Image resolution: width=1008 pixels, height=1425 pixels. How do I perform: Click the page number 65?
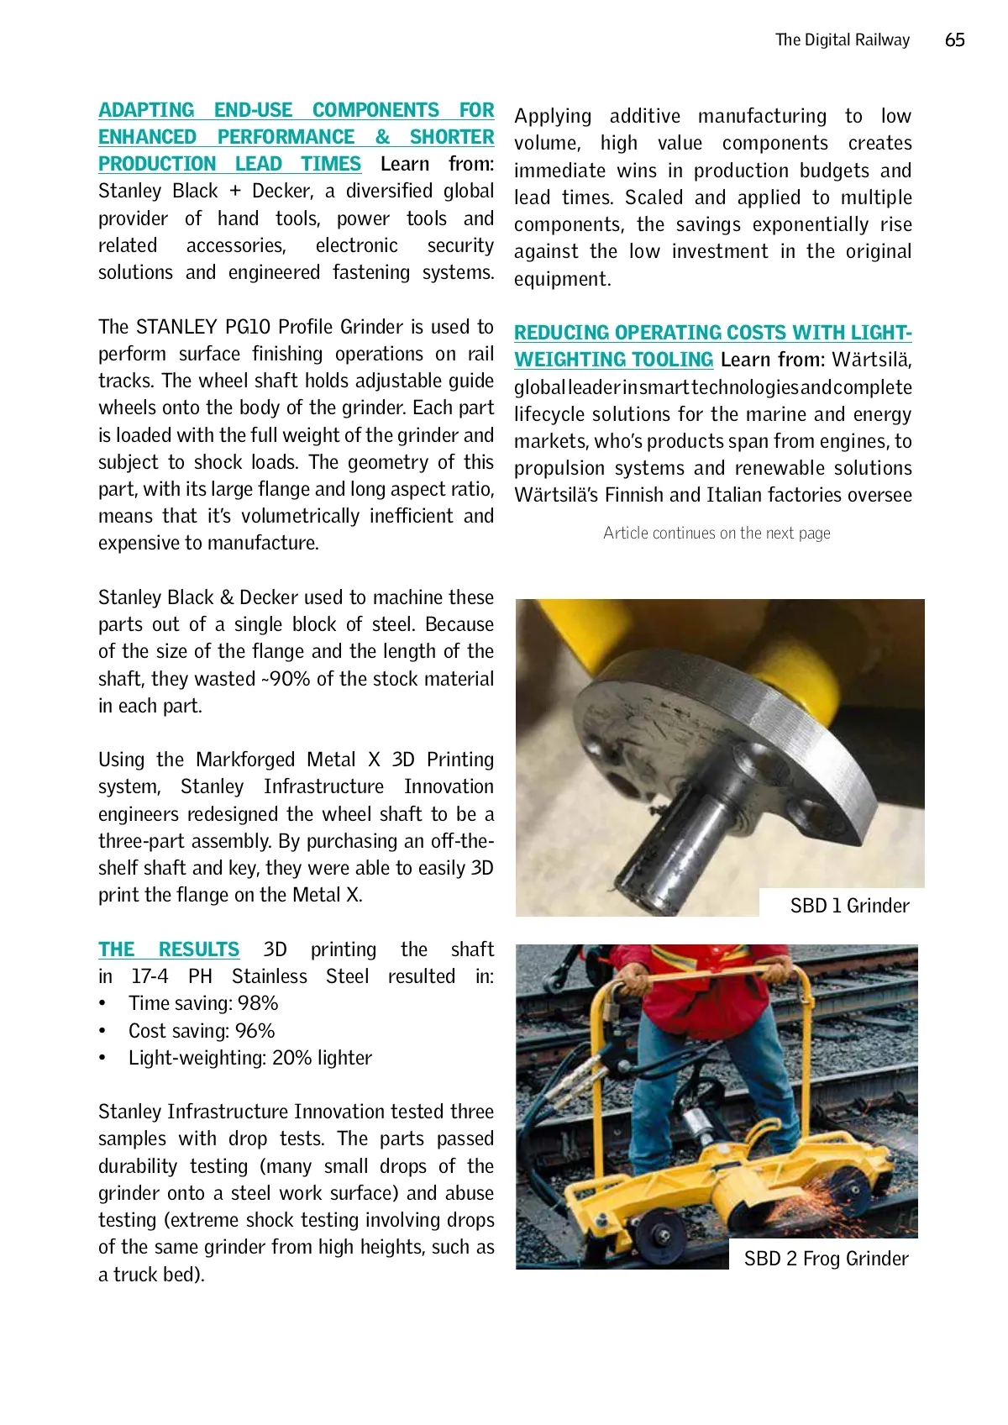pos(954,40)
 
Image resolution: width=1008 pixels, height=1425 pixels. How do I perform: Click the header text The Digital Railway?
pos(842,40)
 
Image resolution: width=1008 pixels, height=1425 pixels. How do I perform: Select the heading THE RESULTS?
pos(169,949)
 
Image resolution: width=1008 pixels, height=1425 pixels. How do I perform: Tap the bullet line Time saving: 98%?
pos(203,1003)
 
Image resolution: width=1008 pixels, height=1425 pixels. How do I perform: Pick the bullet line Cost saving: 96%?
pos(202,1031)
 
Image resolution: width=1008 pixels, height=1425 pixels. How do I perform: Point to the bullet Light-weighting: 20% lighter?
pos(249,1058)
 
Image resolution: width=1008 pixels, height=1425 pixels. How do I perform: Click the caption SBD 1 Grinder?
pos(849,906)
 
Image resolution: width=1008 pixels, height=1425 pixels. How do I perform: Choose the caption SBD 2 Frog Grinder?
pos(826,1259)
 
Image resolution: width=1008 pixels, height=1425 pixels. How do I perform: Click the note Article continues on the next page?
pos(717,533)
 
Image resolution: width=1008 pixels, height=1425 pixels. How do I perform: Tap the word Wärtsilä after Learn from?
pos(871,360)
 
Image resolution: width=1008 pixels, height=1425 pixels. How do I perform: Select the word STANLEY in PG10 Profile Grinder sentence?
pos(176,327)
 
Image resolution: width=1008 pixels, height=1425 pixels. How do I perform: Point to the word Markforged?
pos(245,760)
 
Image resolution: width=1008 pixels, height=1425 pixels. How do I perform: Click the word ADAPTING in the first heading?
pos(146,110)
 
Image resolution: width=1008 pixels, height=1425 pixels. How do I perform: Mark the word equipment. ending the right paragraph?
pos(562,279)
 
